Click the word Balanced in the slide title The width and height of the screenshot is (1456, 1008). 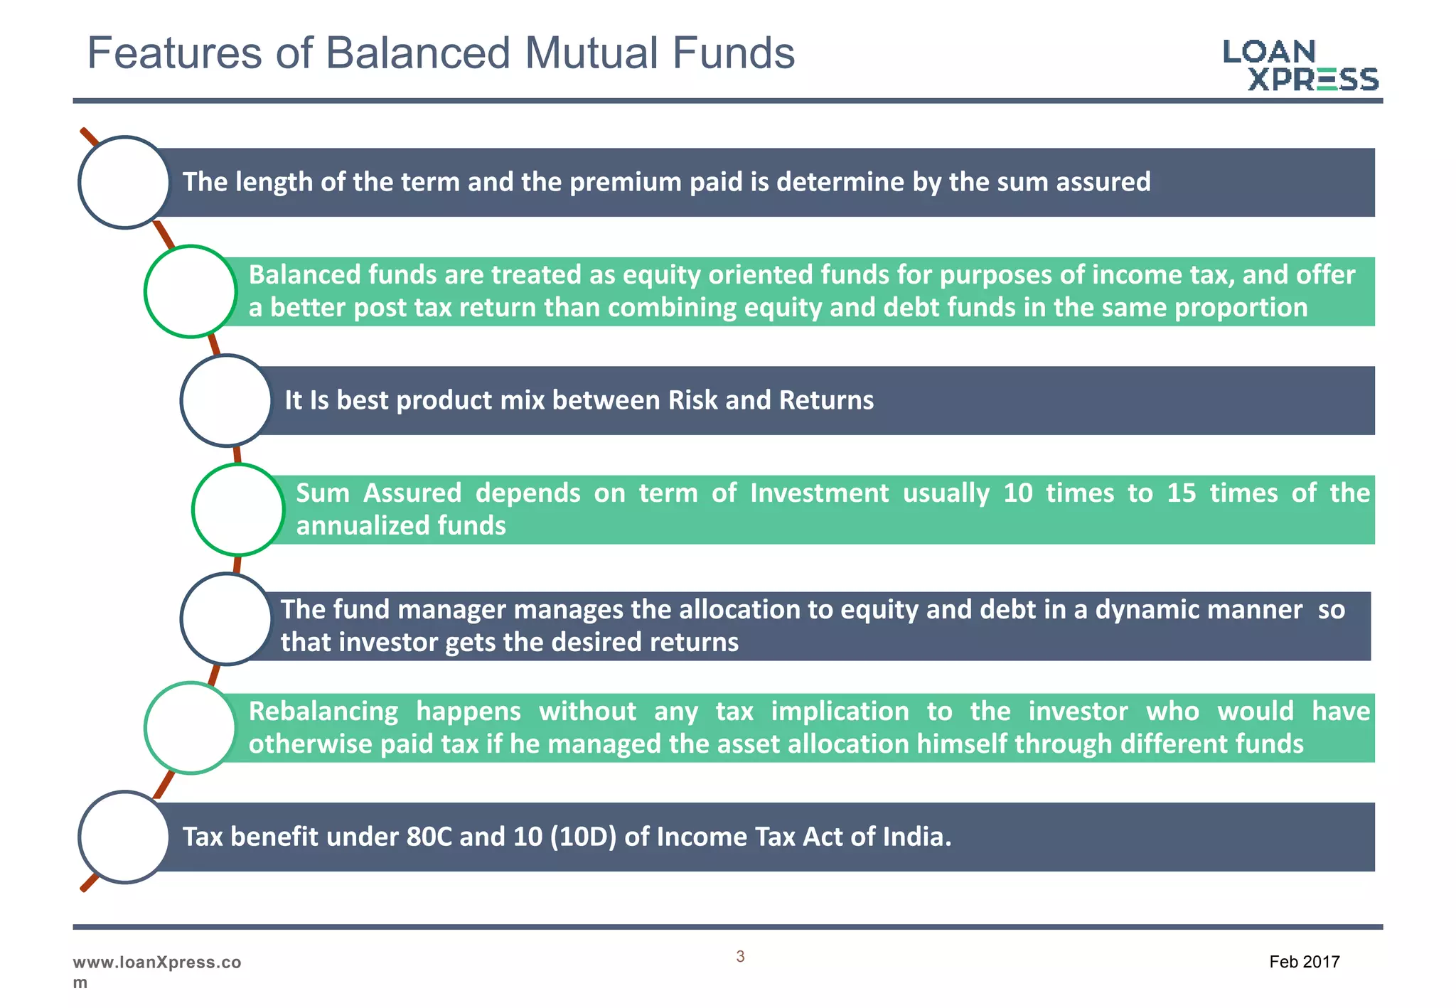pos(418,53)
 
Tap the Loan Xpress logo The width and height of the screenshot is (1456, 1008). pos(1300,65)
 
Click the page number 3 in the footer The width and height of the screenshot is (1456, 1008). pos(740,957)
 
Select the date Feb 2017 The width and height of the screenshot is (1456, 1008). pos(1304,962)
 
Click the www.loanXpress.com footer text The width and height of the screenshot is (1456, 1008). pos(156,971)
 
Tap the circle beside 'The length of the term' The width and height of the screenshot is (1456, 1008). pos(124,183)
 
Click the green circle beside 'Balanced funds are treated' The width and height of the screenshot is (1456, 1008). pos(191,291)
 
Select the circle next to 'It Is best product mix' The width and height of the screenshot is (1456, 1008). pos(227,401)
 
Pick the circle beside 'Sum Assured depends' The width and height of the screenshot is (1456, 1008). pos(238,510)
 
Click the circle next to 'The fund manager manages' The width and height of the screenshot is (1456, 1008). pos(227,619)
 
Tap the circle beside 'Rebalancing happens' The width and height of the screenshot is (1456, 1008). pos(191,728)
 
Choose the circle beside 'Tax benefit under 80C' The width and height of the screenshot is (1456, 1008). pos(124,837)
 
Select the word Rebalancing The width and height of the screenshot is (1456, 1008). pos(323,712)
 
